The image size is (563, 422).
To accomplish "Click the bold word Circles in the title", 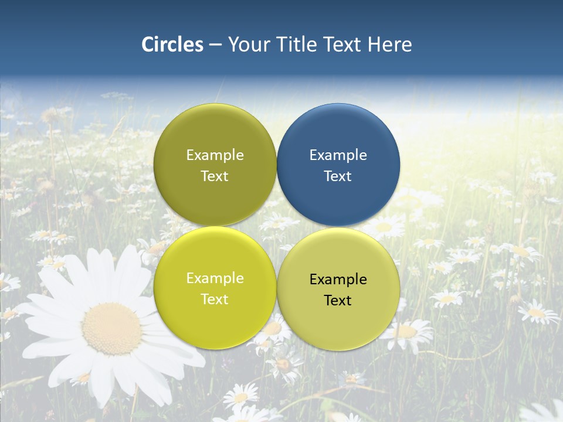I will pos(172,45).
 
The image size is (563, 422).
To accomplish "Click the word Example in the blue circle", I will pos(338,155).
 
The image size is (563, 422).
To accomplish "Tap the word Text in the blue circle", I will pos(338,176).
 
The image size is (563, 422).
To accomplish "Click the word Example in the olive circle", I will pos(215,155).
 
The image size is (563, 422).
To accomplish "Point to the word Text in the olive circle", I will pos(215,176).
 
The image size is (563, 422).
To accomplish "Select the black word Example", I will pos(338,280).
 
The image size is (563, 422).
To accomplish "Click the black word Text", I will pos(338,301).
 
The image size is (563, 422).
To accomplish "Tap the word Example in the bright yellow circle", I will pos(215,278).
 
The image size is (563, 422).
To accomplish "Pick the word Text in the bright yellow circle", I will pos(215,300).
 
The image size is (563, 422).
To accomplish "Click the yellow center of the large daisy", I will pos(111,328).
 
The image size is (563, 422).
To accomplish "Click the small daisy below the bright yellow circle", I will pos(240,397).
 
